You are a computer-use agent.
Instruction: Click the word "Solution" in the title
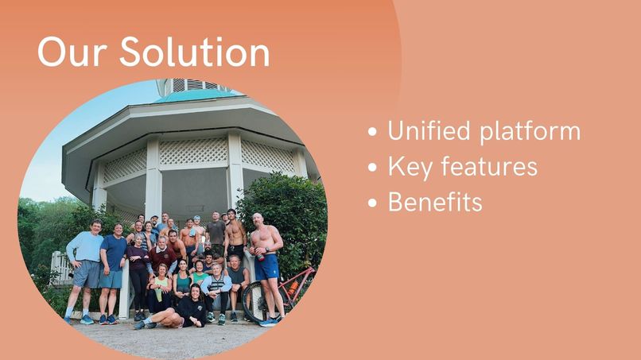[195, 52]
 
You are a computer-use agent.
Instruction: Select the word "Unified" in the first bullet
[429, 131]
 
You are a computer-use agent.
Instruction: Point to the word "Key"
[410, 168]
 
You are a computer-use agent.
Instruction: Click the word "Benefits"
[435, 202]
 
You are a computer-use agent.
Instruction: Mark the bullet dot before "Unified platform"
[373, 133]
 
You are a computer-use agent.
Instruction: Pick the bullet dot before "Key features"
[373, 168]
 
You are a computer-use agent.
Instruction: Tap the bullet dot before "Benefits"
[373, 203]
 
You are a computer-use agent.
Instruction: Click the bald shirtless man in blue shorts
[266, 258]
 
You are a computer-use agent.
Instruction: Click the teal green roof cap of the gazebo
[195, 95]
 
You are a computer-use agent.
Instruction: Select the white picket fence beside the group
[60, 269]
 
